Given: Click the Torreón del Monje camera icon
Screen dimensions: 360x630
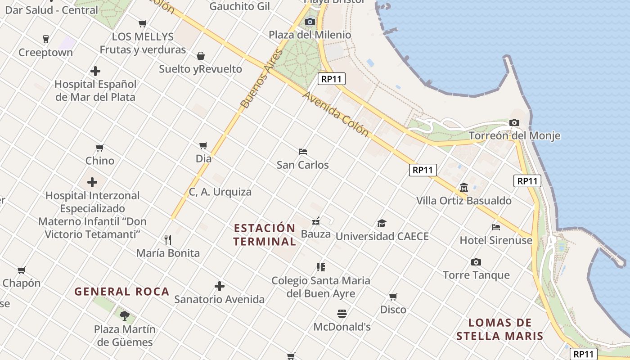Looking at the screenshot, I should (x=514, y=122).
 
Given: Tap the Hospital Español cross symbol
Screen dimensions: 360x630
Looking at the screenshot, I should (x=95, y=71).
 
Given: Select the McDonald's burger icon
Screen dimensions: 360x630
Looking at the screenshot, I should (x=342, y=313).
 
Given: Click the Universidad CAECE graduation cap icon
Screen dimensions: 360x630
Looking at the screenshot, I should (x=382, y=223).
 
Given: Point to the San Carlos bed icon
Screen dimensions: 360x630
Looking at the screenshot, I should (x=303, y=152).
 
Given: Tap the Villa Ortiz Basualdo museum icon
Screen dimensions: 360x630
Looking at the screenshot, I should (x=464, y=187).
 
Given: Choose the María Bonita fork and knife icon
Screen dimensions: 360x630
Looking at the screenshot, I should (x=168, y=239).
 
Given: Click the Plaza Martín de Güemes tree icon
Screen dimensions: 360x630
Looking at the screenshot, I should (x=125, y=315).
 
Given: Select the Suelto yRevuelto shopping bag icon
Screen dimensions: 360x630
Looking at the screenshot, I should (x=201, y=56).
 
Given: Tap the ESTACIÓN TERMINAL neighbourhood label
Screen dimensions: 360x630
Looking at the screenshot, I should (x=265, y=234).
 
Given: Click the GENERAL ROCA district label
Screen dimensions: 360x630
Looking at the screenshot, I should (x=122, y=292).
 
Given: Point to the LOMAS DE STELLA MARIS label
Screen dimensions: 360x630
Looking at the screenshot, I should (x=500, y=329).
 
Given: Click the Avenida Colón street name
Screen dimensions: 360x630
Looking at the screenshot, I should (x=336, y=114).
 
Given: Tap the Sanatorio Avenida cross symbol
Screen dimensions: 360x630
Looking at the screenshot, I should (x=220, y=286).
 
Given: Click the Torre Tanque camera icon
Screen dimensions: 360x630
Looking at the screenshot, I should (x=476, y=262).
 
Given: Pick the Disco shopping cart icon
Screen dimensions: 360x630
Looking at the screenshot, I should (x=393, y=297).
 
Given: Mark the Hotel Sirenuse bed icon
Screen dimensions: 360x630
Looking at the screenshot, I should (x=496, y=227).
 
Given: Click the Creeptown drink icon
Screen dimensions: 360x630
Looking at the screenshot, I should (x=45, y=39).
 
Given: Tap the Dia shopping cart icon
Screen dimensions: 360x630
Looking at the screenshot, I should (x=203, y=145).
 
